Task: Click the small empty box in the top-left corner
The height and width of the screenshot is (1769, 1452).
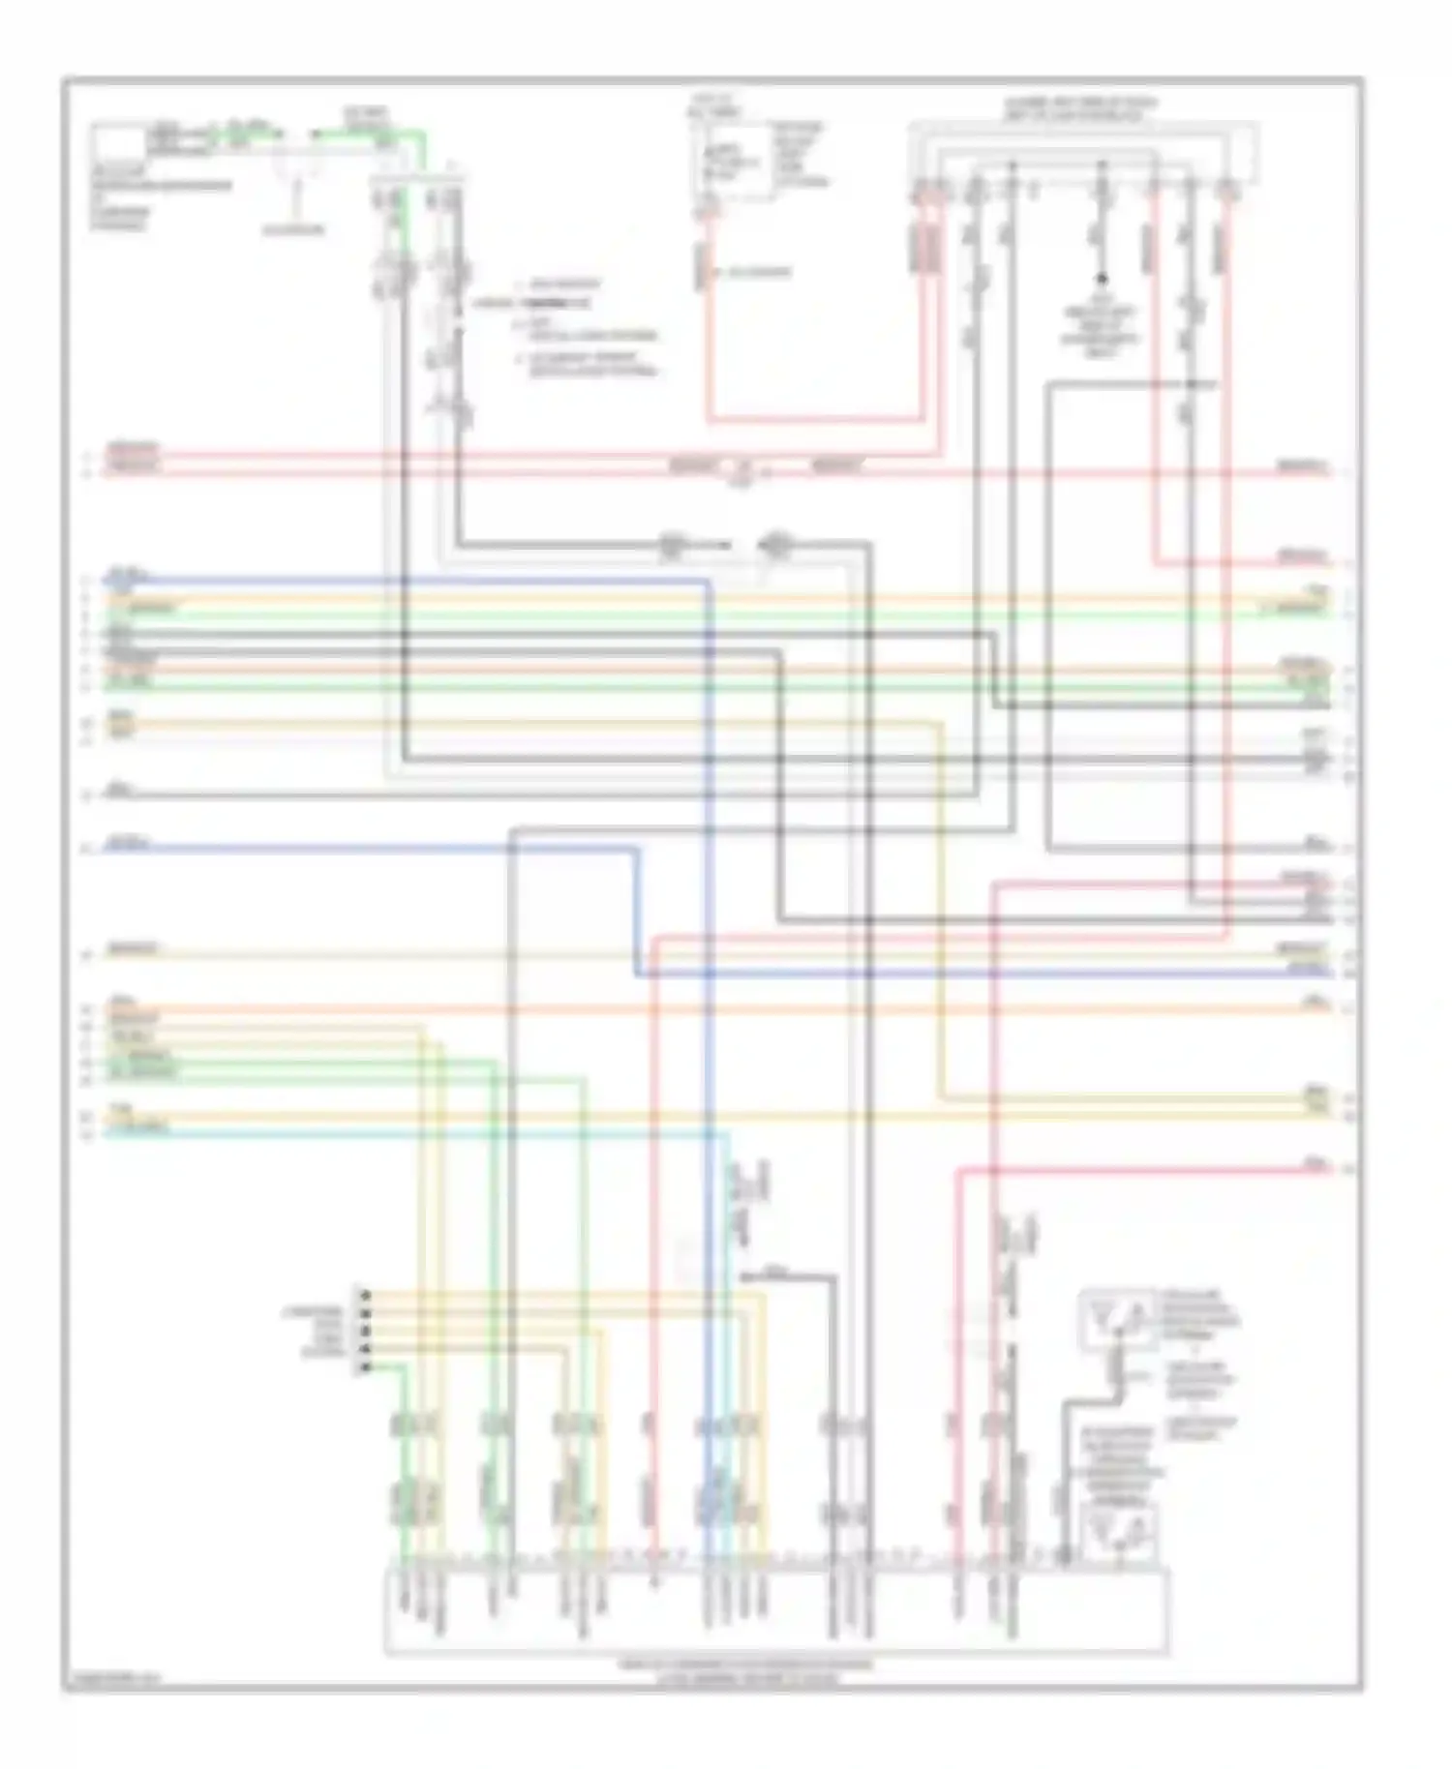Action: click(x=116, y=142)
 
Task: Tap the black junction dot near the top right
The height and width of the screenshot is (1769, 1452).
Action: click(x=1101, y=279)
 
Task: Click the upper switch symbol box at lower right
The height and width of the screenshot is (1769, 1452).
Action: click(x=1116, y=1319)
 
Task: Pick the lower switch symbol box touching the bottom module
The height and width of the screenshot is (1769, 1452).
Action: click(x=1118, y=1535)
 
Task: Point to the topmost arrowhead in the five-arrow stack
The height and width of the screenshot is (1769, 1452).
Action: click(x=365, y=1294)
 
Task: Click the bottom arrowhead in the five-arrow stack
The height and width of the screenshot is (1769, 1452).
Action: click(x=365, y=1367)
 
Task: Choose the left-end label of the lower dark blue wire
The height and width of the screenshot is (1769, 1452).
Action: click(x=127, y=844)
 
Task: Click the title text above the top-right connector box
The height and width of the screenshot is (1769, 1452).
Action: click(x=1079, y=107)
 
